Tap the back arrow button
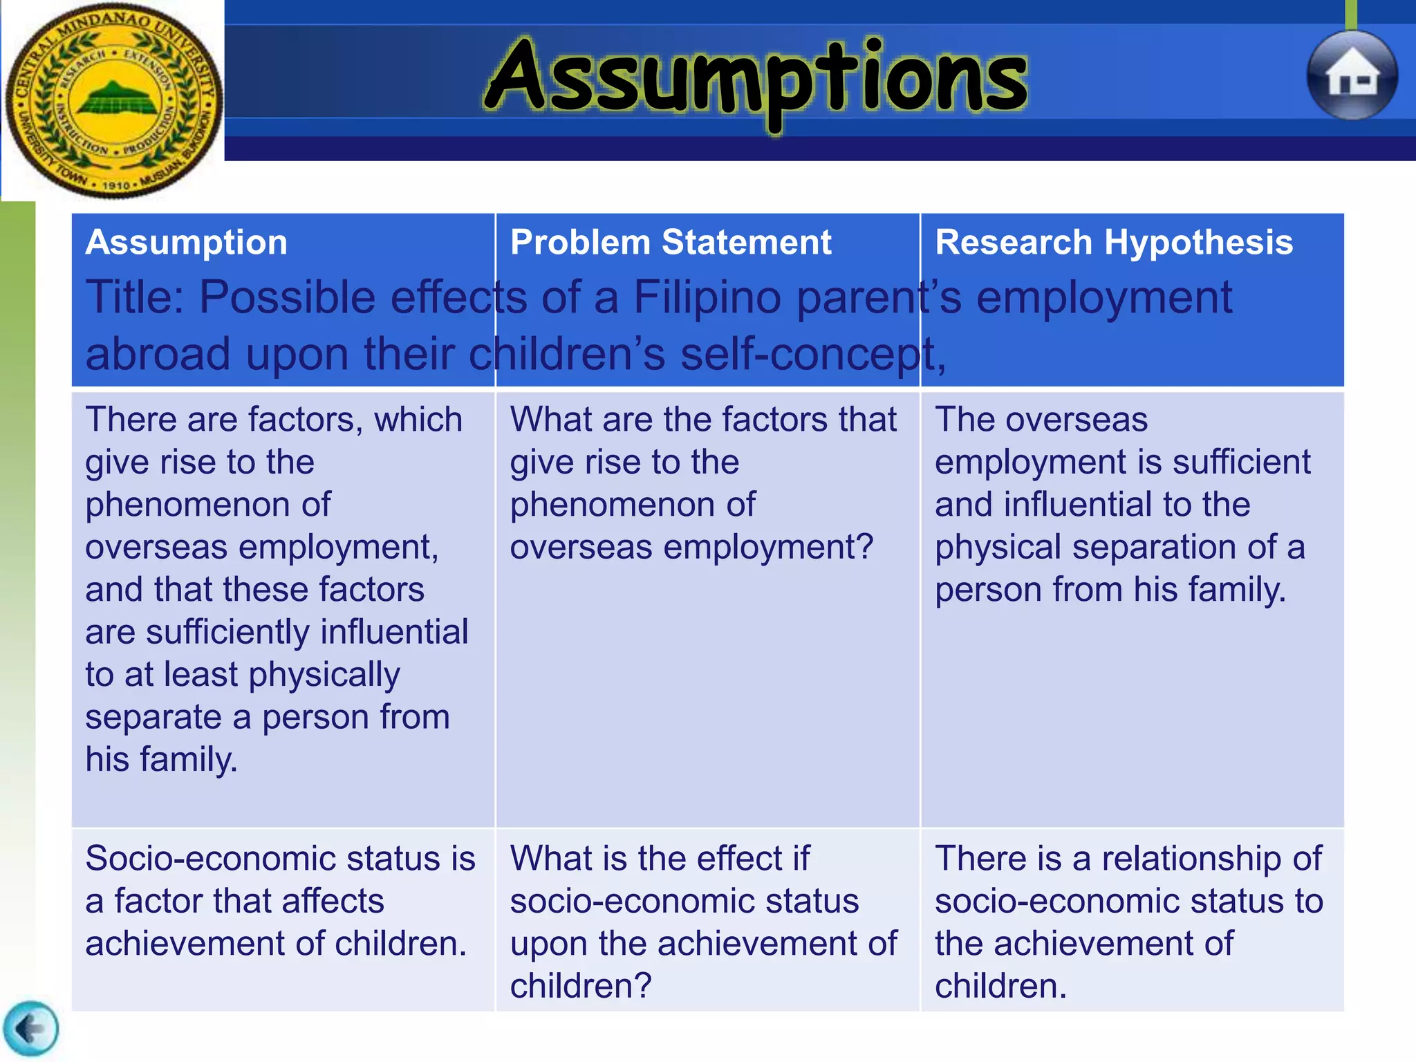click(x=30, y=1030)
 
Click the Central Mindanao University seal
click(x=114, y=100)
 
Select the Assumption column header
click(x=186, y=243)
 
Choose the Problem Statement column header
click(x=670, y=243)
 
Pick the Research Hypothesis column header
click(x=1113, y=243)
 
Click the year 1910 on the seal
click(x=116, y=185)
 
